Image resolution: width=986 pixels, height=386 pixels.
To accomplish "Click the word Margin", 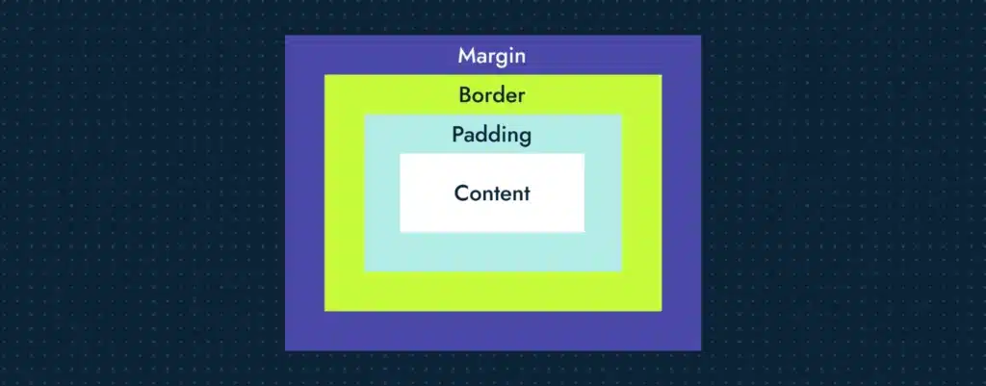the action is (x=492, y=57).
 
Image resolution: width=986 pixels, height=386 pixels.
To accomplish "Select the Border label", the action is (x=492, y=95).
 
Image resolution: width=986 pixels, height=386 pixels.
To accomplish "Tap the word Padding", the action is (x=492, y=135).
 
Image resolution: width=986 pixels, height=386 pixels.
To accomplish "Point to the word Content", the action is (x=492, y=193).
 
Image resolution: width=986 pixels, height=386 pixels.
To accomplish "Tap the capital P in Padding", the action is (x=457, y=134).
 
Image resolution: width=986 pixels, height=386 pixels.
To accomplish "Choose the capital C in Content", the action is (x=462, y=193).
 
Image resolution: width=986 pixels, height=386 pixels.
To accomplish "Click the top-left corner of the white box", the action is (x=400, y=153).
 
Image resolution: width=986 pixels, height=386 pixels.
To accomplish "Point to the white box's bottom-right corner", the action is (x=584, y=232).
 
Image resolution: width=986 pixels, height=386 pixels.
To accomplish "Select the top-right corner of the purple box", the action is (x=701, y=36).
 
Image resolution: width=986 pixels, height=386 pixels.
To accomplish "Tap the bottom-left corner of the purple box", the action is (x=285, y=350).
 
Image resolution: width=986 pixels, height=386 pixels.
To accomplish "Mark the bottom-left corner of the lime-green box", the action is (x=324, y=311).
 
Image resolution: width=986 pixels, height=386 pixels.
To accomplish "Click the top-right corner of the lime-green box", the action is (x=662, y=75).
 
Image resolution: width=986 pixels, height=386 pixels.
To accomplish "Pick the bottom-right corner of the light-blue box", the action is (x=622, y=271).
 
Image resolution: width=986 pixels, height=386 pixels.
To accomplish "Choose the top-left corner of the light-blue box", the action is (x=365, y=115).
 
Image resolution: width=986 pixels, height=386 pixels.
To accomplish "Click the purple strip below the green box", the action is (x=492, y=331).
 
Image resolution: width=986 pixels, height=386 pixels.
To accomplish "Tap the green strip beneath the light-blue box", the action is (x=492, y=291).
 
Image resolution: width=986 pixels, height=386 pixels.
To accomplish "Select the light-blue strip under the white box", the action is (x=492, y=251).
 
